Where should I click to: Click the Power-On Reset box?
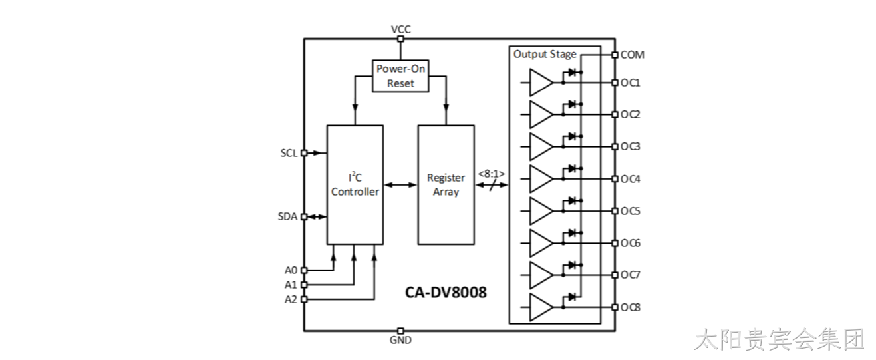(x=400, y=76)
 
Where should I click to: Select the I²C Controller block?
(x=355, y=185)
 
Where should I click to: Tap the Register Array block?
(x=446, y=185)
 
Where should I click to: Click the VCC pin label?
(x=401, y=29)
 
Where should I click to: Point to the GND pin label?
(x=400, y=340)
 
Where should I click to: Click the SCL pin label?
(x=289, y=153)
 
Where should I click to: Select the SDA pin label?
(x=287, y=216)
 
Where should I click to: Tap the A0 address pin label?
(x=291, y=270)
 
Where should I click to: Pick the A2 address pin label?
(x=291, y=299)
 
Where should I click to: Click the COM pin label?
(x=633, y=55)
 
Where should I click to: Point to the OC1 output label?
(x=631, y=83)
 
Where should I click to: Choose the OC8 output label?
(x=631, y=307)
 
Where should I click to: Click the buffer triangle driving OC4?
(x=541, y=179)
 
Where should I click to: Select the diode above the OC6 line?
(x=572, y=233)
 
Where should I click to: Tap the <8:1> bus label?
(x=492, y=174)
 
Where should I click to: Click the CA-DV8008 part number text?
(x=446, y=293)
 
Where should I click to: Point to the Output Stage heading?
(x=545, y=54)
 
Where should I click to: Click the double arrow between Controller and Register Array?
(x=400, y=185)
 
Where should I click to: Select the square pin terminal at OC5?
(x=615, y=211)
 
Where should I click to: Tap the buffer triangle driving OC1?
(x=541, y=83)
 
